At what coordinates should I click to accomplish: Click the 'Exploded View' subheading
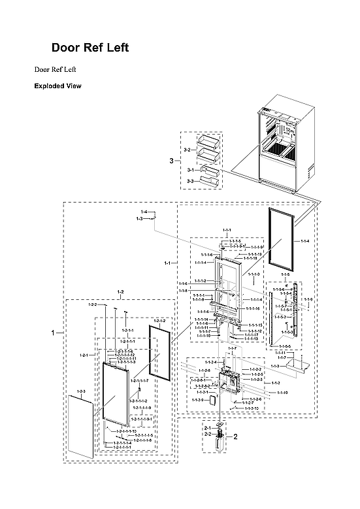coord(57,86)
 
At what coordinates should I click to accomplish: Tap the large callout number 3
coord(171,161)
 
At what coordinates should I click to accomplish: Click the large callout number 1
coord(54,333)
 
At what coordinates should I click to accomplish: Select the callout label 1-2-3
coord(81,391)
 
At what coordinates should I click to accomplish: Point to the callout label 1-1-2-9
coord(197,399)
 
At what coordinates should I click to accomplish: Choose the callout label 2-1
coord(206,427)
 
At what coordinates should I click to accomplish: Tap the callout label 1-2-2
coord(92,304)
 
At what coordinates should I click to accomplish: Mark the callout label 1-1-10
coord(282,393)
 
